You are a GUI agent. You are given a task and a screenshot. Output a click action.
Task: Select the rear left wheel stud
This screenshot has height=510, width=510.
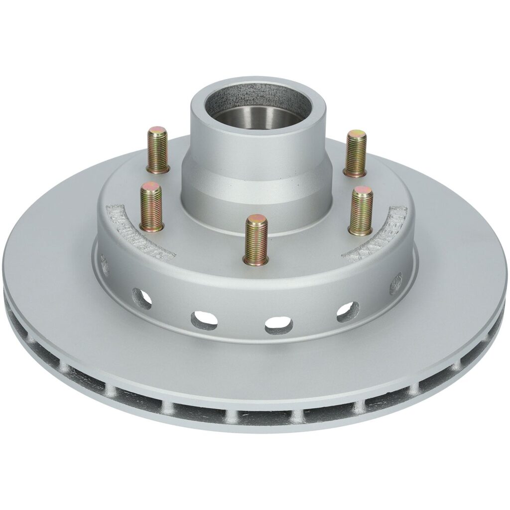pos(158,149)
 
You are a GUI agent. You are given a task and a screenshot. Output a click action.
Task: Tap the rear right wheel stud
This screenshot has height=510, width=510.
pos(355,153)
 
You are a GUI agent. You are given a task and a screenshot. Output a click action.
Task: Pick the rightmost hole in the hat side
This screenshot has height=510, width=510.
pos(396,283)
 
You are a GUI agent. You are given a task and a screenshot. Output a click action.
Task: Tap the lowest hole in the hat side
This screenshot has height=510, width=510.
pos(278,325)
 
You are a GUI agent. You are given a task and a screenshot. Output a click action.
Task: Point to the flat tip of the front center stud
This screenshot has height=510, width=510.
pos(256,219)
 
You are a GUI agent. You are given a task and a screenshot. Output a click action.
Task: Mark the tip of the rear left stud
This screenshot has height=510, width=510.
pos(157,131)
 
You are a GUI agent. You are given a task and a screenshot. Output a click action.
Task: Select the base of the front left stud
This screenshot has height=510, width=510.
pos(151,226)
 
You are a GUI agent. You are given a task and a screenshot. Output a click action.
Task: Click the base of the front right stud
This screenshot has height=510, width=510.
pos(360,230)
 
